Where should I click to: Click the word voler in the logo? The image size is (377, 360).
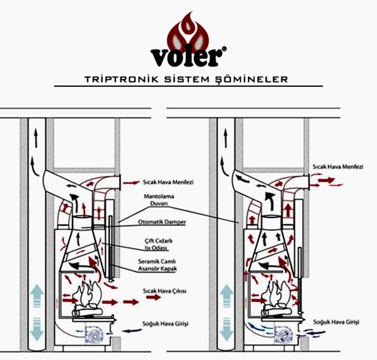click(x=188, y=57)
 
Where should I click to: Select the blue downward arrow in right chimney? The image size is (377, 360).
click(x=226, y=327)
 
